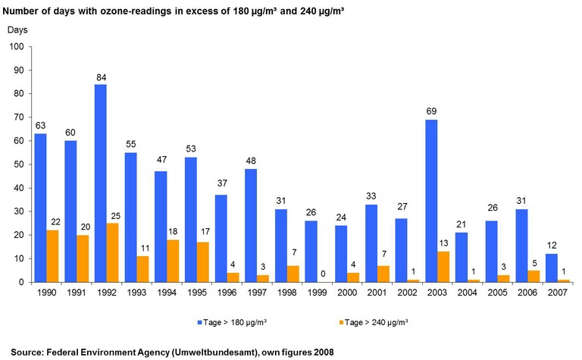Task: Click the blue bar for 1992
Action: [100, 183]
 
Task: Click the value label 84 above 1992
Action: [100, 77]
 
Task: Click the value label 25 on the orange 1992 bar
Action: [113, 216]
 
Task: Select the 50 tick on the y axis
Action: [19, 164]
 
